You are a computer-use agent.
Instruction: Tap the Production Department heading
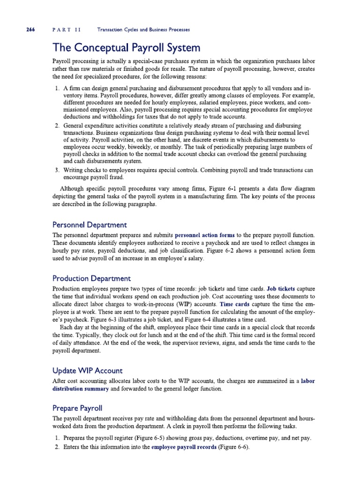pyautogui.click(x=91, y=278)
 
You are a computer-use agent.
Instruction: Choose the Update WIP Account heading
pyautogui.click(x=88, y=371)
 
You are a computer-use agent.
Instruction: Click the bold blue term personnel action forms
pyautogui.click(x=205, y=234)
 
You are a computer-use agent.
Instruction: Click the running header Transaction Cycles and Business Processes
pyautogui.click(x=143, y=30)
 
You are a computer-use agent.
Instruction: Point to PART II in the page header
pyautogui.click(x=66, y=30)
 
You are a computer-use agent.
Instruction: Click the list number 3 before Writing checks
pyautogui.click(x=56, y=170)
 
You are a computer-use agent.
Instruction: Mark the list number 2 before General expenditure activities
pyautogui.click(x=56, y=126)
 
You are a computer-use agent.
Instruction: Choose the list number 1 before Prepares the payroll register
pyautogui.click(x=56, y=438)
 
